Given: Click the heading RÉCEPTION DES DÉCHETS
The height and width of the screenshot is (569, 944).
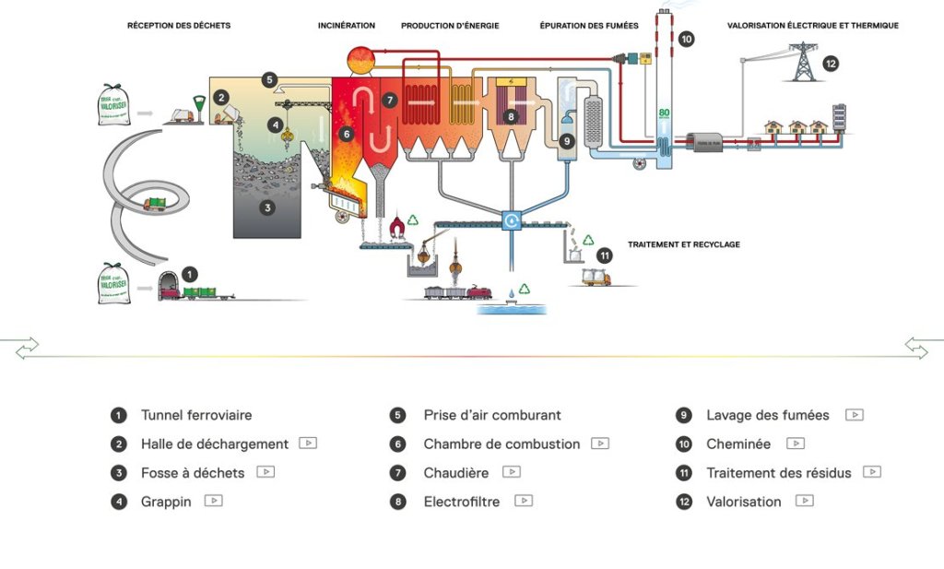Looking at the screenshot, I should pos(179,26).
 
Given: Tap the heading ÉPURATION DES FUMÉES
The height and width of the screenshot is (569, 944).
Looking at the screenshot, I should pos(589,26).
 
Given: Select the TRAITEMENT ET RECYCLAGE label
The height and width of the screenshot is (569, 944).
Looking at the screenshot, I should pos(684,244).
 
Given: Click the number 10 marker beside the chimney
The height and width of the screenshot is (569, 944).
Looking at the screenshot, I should pos(686,39).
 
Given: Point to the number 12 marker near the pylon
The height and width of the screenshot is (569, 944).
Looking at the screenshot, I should pos(831,64).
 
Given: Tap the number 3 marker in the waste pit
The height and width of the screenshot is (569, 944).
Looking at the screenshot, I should pos(267,207).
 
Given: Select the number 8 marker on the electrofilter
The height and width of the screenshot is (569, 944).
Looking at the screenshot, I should pos(511,117).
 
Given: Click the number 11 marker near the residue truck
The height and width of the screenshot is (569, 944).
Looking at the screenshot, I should pos(605,255).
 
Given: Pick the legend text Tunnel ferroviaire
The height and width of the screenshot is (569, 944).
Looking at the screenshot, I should pos(196,415).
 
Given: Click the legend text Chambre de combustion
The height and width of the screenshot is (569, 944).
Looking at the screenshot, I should pos(501,444).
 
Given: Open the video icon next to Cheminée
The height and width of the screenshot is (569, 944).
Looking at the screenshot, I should pos(796,444).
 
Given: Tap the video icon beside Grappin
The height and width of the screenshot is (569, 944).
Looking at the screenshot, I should pos(214,501).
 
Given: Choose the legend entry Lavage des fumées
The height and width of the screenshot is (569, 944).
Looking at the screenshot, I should pos(768,415).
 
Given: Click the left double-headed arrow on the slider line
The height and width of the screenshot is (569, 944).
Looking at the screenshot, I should pos(27,347).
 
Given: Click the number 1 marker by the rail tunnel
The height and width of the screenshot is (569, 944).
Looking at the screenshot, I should pos(190,274).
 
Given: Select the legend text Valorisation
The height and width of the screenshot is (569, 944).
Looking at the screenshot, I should pos(744,502).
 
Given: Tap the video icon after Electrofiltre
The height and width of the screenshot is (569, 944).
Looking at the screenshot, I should pos(524,501).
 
